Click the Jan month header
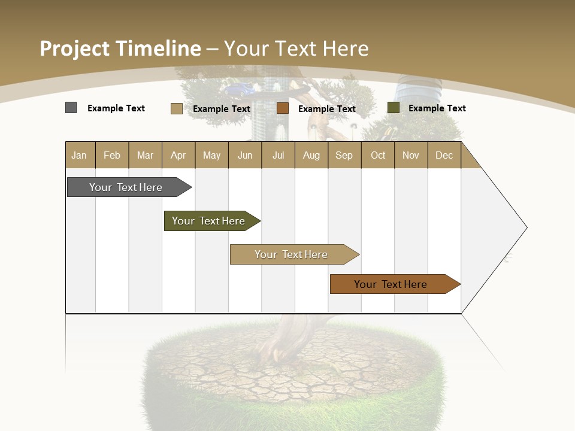coord(79,155)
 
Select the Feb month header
coord(112,155)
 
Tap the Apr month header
coord(178,155)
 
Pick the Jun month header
coord(244,155)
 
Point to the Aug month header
coord(311,155)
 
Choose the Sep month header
coord(344,155)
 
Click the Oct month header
coord(377,155)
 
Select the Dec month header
coord(444,155)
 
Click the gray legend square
coord(71,108)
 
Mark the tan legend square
coord(176,108)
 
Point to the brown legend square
coord(283,108)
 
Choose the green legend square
coord(393,108)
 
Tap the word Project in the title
coord(74,48)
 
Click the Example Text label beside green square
coord(437,108)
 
